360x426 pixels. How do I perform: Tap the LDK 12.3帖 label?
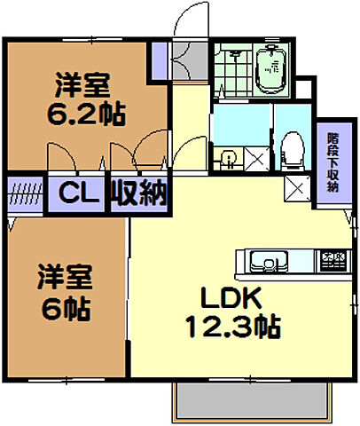[232, 312]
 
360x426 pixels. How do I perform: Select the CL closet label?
[80, 193]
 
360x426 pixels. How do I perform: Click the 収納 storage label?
[139, 193]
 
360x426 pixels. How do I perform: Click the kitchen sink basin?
[264, 262]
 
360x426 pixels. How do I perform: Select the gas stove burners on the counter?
[333, 261]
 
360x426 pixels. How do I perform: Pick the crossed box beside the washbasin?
[254, 160]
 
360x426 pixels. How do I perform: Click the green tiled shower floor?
[232, 71]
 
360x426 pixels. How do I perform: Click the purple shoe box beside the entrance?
[160, 59]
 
